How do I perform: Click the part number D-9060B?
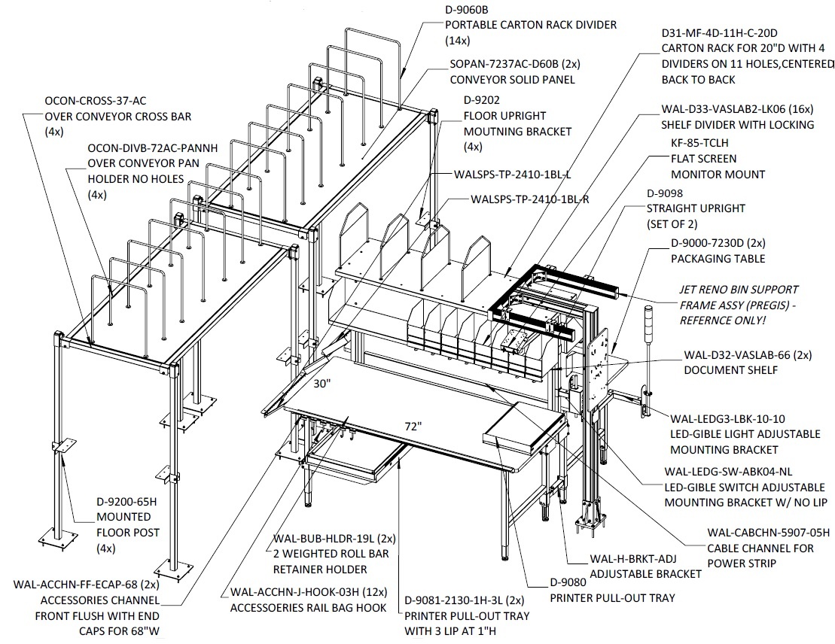467,10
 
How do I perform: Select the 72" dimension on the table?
413,427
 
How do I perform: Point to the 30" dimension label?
322,383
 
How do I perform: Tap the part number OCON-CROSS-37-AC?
96,101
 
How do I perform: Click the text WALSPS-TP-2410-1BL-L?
512,175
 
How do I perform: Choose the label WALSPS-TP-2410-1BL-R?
530,199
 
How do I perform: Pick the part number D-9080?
568,582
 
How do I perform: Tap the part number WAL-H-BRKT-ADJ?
633,559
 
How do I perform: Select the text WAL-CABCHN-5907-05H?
769,532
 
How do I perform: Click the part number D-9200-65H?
126,501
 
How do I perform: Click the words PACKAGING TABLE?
718,259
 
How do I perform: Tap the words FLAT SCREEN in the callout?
703,159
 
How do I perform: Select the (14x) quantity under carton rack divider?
458,41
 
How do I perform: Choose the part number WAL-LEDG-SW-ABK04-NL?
728,472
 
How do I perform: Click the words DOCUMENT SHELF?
730,370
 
